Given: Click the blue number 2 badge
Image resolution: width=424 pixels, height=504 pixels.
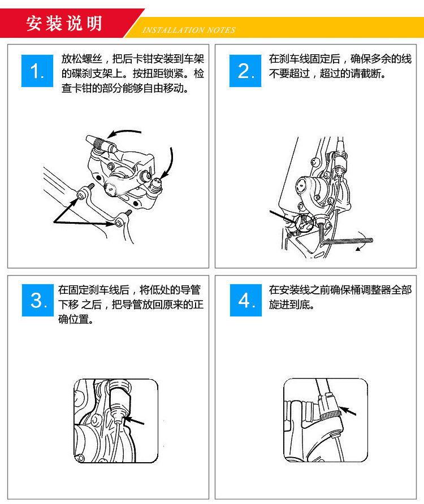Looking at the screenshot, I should (245, 71).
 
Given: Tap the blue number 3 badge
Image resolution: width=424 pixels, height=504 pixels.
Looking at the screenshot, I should (37, 301).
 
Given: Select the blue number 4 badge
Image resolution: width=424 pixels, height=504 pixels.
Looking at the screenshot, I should (245, 301).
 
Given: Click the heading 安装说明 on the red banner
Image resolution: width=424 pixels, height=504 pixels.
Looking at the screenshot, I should (63, 24).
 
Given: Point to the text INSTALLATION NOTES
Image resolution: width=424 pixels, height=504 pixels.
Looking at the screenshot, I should (188, 30).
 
